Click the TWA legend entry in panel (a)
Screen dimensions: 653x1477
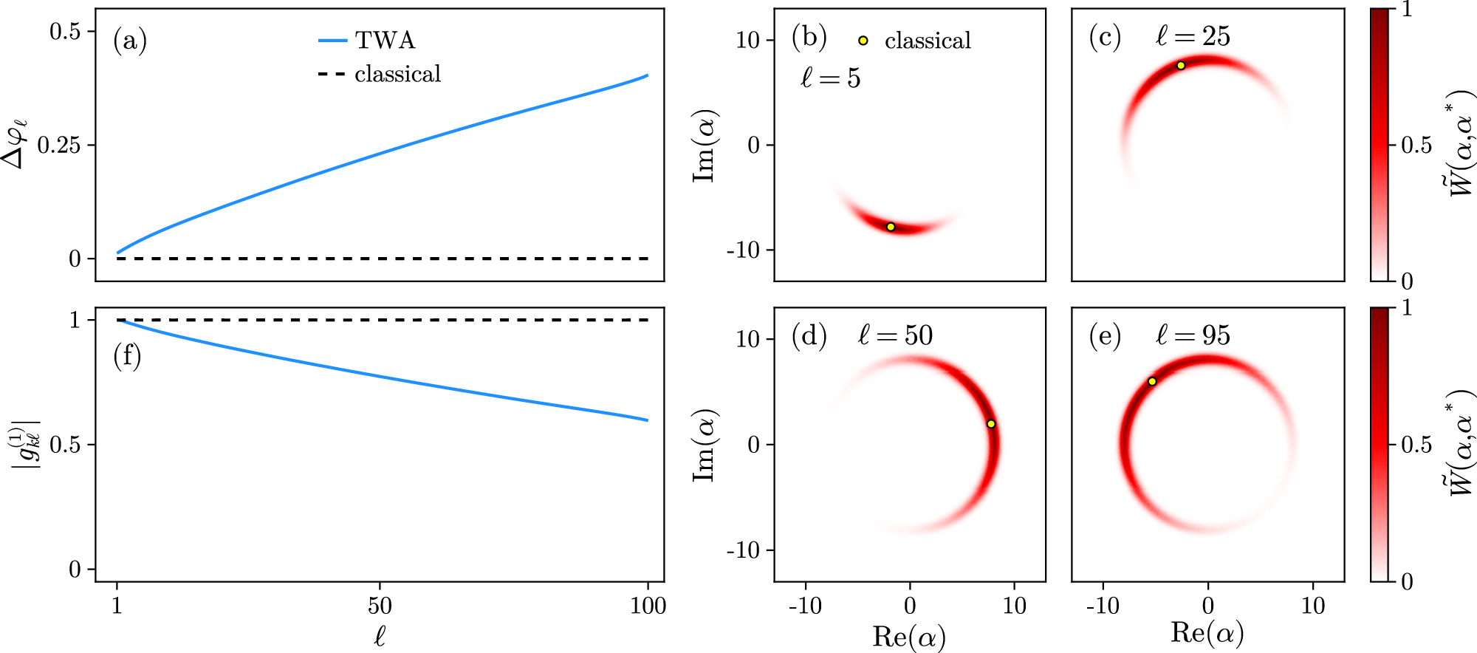pyautogui.click(x=367, y=40)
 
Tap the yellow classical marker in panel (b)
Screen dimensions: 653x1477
pyautogui.click(x=891, y=227)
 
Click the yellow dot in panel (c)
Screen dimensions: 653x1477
pyautogui.click(x=1181, y=66)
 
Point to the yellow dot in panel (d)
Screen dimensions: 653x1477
pyautogui.click(x=991, y=424)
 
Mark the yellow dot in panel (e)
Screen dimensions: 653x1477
pyautogui.click(x=1152, y=382)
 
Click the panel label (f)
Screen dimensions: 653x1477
pyautogui.click(x=127, y=356)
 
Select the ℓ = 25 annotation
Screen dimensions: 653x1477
pyautogui.click(x=1193, y=36)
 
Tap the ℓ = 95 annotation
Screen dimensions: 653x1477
pyautogui.click(x=1193, y=335)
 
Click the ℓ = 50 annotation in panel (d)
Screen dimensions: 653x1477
pyautogui.click(x=895, y=335)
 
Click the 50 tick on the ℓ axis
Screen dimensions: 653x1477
pyautogui.click(x=380, y=606)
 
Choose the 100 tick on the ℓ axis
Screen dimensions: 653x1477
pyautogui.click(x=648, y=606)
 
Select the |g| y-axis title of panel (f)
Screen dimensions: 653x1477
pyautogui.click(x=24, y=444)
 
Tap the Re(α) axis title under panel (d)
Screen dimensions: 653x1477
pyautogui.click(x=909, y=636)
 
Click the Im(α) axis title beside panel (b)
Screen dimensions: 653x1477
pyautogui.click(x=705, y=145)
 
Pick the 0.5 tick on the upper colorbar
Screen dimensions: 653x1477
pyautogui.click(x=1416, y=145)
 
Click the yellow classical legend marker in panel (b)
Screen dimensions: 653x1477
pyautogui.click(x=863, y=41)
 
